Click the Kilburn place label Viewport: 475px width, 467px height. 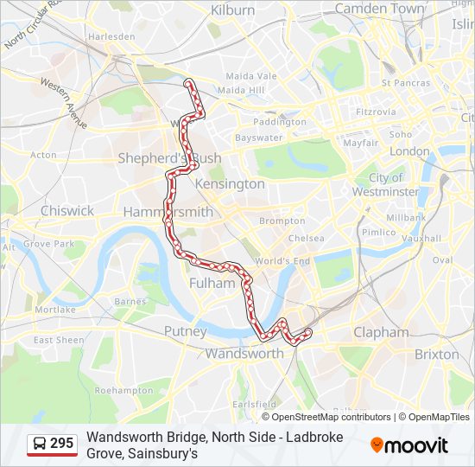tap(233, 10)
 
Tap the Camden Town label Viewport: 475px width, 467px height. tap(379, 9)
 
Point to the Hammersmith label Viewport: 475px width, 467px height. tap(168, 212)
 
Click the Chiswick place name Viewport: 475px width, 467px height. tap(66, 210)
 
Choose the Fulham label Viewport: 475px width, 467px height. tap(212, 283)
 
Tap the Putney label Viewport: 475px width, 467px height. tap(185, 331)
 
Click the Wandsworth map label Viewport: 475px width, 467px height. tap(244, 353)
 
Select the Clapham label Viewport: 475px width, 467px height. tap(381, 332)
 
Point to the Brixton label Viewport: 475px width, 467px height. tap(437, 354)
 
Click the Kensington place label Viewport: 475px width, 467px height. tap(230, 184)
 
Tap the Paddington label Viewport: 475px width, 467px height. tap(279, 122)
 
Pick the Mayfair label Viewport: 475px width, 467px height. tap(361, 143)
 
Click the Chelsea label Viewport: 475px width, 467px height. tap(306, 238)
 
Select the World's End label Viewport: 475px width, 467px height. tap(282, 260)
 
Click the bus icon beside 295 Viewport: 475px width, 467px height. tap(40, 445)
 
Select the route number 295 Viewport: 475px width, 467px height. tap(61, 444)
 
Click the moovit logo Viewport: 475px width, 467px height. tap(409, 445)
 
